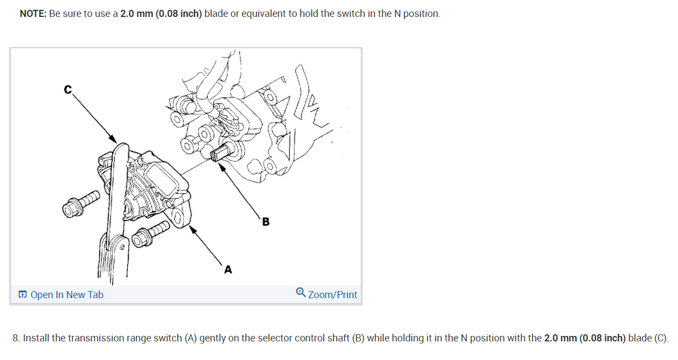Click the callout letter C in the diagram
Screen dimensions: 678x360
(68, 90)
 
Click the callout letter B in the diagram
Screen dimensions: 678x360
(266, 222)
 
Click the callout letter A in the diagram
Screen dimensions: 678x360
(228, 269)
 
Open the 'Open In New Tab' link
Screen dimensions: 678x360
(67, 295)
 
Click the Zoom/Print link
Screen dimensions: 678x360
(332, 295)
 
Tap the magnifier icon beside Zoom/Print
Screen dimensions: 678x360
(301, 293)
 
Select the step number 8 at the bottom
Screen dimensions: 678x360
(16, 338)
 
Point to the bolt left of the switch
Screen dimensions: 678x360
(82, 202)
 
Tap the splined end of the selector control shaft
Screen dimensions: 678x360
(218, 154)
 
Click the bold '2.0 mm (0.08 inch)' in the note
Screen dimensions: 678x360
(161, 14)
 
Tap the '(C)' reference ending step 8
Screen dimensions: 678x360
(661, 338)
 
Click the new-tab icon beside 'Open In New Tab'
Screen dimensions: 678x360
(22, 295)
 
